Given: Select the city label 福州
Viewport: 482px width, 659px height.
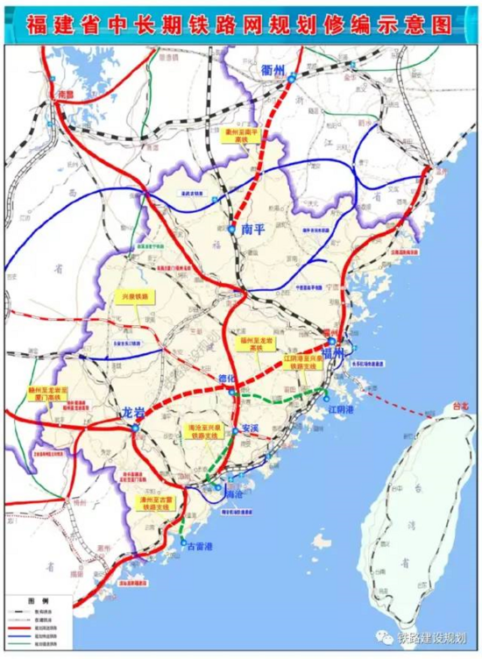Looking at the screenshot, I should (334, 351).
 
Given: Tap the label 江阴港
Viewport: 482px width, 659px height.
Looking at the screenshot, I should (338, 408).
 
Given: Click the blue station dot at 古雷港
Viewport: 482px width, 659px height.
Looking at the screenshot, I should (183, 543).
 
